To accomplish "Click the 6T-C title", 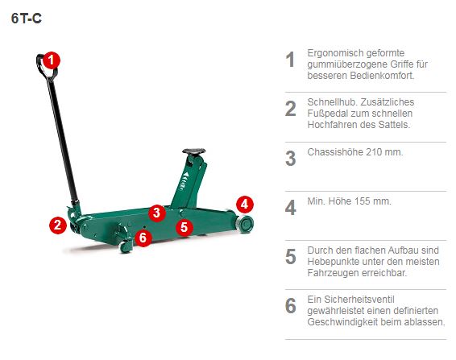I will point(27,19).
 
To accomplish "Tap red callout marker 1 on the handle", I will point(52,59).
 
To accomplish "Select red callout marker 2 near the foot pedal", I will point(56,225).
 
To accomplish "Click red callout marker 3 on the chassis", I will point(157,213).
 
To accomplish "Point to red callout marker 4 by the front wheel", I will point(244,204).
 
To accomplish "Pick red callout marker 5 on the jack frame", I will point(184,227).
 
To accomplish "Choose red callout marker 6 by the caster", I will point(143,237).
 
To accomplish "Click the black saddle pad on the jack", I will point(194,151).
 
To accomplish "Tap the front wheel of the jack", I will point(244,221).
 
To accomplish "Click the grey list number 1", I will point(291,60).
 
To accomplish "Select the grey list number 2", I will point(291,109).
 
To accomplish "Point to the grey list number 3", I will point(291,158).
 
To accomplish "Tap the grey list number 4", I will point(291,207).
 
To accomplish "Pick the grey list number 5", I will point(291,256).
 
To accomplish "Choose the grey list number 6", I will point(291,306).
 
